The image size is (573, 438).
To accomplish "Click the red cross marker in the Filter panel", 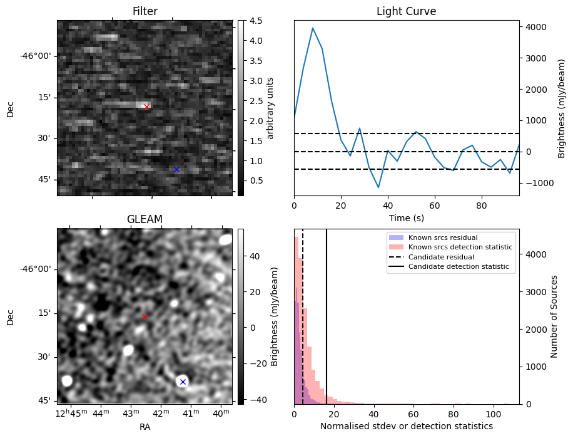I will click(x=146, y=107).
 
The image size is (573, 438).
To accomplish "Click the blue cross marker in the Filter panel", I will click(x=176, y=169).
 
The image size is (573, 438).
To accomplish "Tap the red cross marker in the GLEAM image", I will click(x=145, y=316).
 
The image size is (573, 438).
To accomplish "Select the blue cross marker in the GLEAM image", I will click(x=183, y=382).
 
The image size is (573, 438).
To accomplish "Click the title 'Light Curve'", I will click(x=406, y=11).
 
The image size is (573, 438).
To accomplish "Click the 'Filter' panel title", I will click(x=145, y=11).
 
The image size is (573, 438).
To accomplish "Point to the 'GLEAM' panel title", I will click(x=145, y=219).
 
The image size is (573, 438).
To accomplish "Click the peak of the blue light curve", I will click(x=313, y=28).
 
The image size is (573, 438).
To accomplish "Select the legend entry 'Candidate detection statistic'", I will click(x=460, y=267).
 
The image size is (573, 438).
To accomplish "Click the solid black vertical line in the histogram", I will click(x=327, y=313).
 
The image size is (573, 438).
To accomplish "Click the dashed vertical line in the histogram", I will click(x=303, y=313).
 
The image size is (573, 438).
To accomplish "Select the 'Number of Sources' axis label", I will click(x=554, y=316).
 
